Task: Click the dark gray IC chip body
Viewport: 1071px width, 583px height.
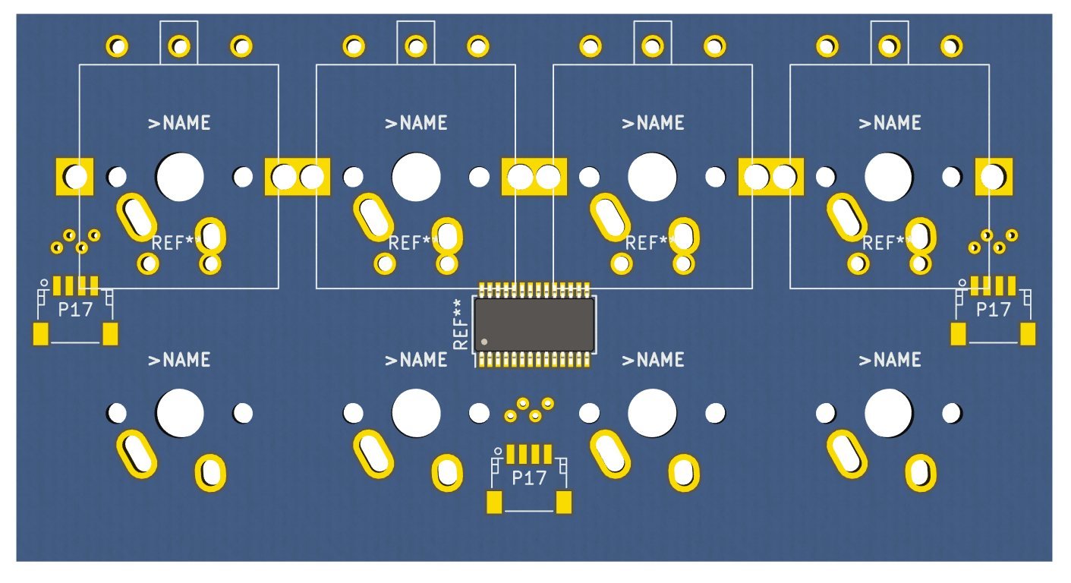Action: tap(534, 324)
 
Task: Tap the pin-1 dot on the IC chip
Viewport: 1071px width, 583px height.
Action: tap(485, 342)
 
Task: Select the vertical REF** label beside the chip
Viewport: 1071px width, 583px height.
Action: tap(460, 324)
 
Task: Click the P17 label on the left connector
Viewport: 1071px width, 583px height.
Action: tap(75, 310)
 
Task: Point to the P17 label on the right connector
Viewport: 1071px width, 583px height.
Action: tap(994, 310)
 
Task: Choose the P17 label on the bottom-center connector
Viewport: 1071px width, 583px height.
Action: tap(529, 478)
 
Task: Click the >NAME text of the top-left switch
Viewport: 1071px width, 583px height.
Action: tap(180, 123)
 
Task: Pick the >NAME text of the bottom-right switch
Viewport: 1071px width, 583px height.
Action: tap(890, 360)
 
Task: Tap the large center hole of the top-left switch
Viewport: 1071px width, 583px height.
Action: tap(180, 177)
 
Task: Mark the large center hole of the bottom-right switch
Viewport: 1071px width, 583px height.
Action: tap(890, 413)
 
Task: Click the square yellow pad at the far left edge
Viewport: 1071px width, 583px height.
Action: tap(74, 177)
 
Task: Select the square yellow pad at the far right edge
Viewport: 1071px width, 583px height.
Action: tap(994, 177)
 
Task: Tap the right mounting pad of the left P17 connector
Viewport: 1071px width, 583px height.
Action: tap(111, 334)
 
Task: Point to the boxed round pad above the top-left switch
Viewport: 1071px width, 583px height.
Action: tap(179, 46)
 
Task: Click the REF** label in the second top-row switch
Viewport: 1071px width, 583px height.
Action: tap(411, 244)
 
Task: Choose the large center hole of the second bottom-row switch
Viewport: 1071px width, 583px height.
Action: tap(416, 413)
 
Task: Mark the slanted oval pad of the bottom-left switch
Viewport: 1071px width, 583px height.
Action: tap(137, 453)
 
